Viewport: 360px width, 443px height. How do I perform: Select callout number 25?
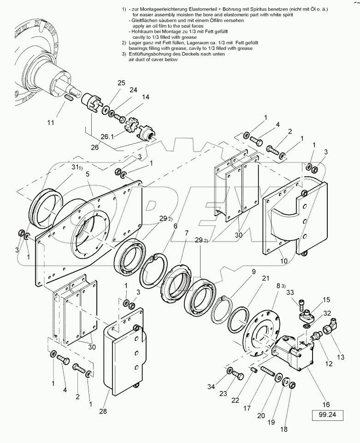(121, 83)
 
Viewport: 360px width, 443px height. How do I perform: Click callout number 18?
(283, 430)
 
